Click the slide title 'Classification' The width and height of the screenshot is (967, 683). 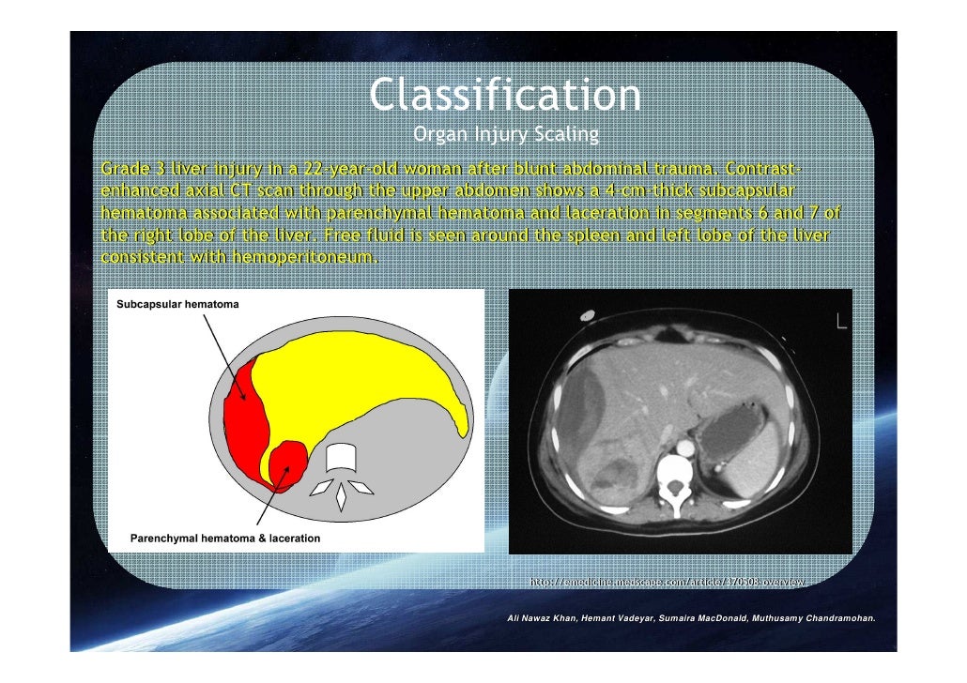504,96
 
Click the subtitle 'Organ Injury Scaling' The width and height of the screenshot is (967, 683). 505,136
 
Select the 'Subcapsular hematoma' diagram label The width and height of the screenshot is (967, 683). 177,305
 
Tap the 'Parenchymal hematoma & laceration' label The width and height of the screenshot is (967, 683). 225,539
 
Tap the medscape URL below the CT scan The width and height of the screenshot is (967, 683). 668,583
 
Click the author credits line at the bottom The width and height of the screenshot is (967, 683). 690,619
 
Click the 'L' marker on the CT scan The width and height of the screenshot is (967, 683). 841,322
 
